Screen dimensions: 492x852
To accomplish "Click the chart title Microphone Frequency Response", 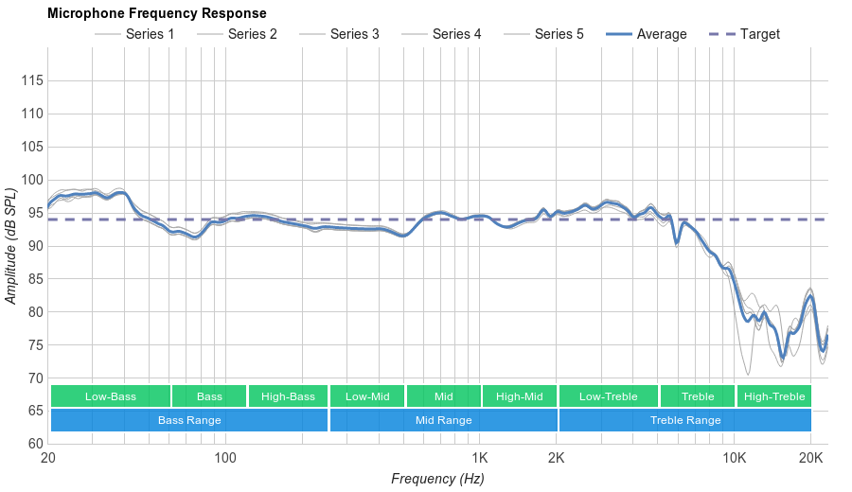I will click(156, 13).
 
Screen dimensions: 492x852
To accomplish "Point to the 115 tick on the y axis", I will click(32, 80).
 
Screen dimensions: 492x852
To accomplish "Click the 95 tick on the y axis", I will click(32, 213).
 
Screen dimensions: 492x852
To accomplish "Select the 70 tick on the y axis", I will click(32, 378).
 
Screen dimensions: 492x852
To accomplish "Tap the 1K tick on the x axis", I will click(479, 459).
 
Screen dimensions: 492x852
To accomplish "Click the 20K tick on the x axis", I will click(810, 459).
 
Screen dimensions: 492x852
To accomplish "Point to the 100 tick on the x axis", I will click(224, 459).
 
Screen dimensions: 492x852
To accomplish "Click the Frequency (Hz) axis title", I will click(437, 479).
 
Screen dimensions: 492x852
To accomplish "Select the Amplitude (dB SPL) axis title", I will click(11, 246).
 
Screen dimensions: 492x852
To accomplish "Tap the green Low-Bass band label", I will click(111, 396).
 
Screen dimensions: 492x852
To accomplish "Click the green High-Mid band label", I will click(519, 396).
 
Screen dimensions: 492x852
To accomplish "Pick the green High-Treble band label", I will click(773, 396).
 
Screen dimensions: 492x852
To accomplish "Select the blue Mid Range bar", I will click(443, 420).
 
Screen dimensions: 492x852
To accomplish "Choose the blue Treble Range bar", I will click(685, 420).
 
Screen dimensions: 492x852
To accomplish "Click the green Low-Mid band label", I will click(366, 396).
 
